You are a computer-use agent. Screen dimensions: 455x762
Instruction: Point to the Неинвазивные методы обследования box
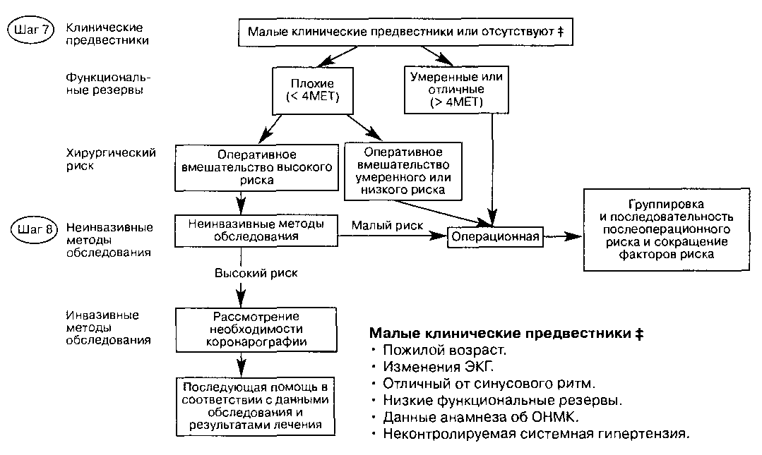(256, 229)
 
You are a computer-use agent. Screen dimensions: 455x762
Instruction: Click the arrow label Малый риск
(387, 226)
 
